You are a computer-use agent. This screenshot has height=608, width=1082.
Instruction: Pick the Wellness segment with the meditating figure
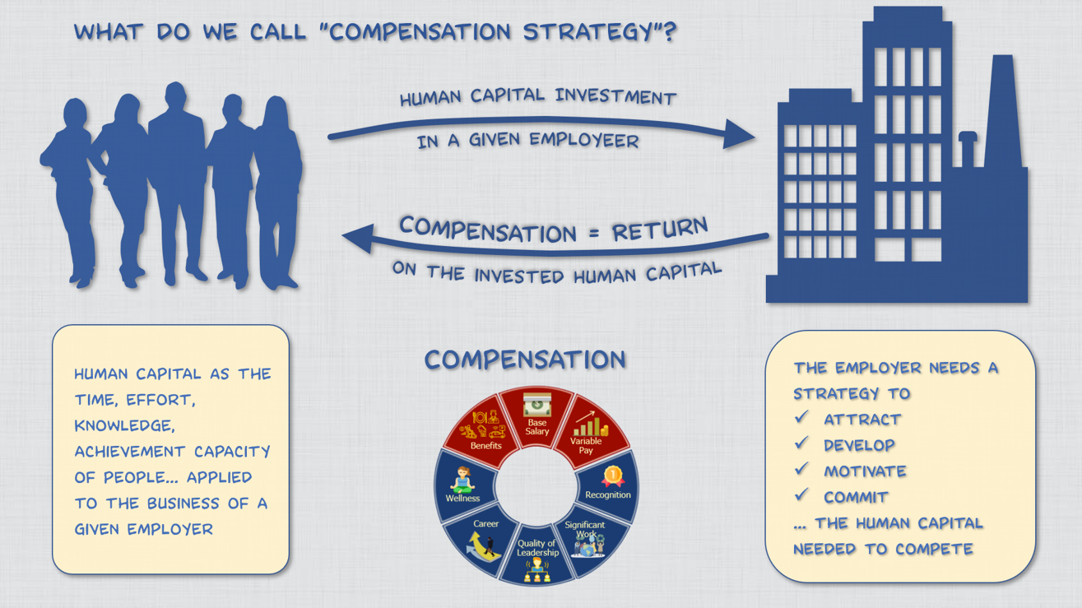[x=462, y=485]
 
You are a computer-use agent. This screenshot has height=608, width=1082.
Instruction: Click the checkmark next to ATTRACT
[x=801, y=418]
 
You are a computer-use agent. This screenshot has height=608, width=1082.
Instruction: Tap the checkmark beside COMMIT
[x=801, y=495]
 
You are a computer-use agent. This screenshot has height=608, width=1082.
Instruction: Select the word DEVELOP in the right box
[x=859, y=445]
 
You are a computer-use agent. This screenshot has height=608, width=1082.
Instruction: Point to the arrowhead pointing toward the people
[x=356, y=239]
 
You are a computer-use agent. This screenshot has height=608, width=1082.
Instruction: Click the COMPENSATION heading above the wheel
[x=525, y=360]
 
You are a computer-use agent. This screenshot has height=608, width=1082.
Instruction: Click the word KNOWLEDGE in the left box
[x=124, y=426]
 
